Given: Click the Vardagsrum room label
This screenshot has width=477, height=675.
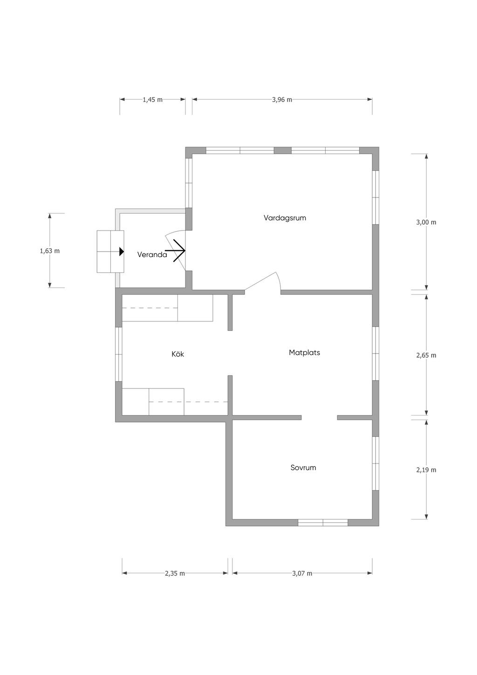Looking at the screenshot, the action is (285, 218).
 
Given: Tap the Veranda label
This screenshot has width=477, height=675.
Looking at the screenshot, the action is (152, 255).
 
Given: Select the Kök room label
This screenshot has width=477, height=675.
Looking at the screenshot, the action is (178, 354).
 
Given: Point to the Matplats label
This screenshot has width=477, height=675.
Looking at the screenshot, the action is (304, 353).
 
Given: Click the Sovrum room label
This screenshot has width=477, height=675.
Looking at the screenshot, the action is (303, 468).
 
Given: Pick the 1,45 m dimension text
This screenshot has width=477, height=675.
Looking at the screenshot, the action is (152, 100).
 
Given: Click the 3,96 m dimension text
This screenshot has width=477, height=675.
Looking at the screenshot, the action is (282, 100).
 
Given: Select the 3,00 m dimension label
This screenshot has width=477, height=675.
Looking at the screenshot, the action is (426, 222).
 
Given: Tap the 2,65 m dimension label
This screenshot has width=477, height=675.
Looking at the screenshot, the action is (426, 355).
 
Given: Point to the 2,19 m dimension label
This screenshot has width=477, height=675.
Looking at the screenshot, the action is (426, 470).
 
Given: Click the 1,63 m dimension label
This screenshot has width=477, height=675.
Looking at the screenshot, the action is (50, 251).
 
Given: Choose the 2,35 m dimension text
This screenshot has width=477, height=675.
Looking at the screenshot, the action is (175, 573).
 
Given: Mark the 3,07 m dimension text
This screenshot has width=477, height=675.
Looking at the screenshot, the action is (302, 573).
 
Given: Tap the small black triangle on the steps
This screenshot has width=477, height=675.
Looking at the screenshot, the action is (122, 252).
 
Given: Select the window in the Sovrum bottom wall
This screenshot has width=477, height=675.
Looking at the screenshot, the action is (323, 523).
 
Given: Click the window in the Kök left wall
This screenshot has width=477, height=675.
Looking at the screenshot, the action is (119, 354).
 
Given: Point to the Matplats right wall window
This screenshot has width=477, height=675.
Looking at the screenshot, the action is (375, 354).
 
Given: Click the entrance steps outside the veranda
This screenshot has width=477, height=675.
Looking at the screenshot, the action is (110, 252).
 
